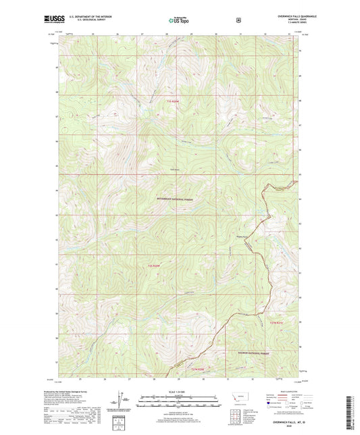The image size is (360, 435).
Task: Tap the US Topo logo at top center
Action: pos(179,21)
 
